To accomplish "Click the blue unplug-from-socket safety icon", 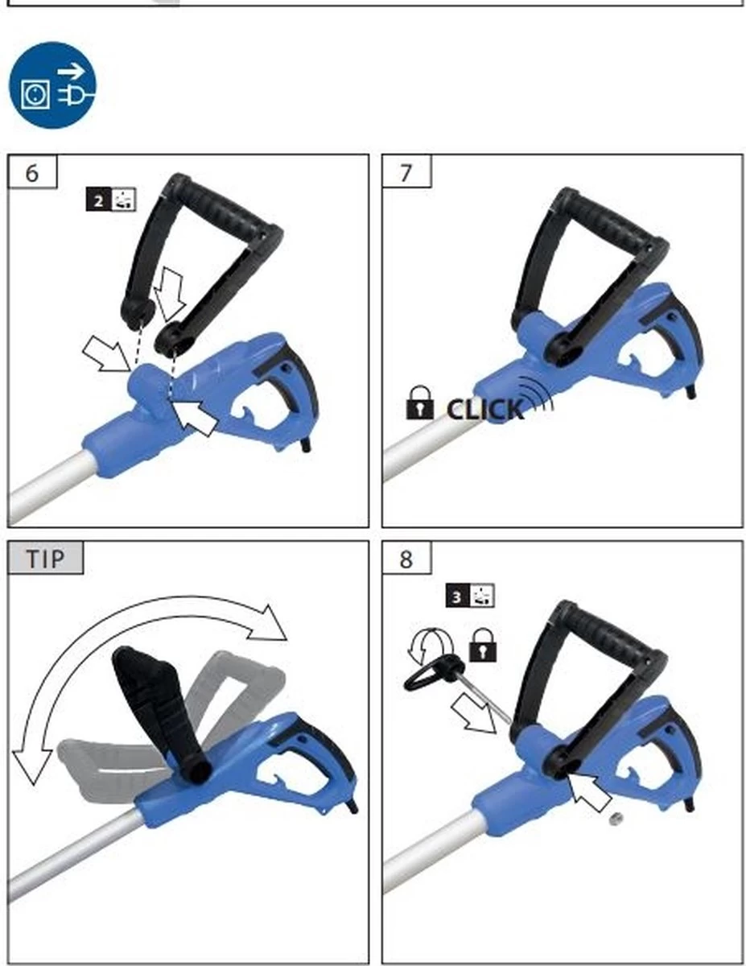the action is point(52,85).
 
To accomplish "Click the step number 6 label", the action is point(32,172).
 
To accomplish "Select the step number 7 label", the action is point(406,172).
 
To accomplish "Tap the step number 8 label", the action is point(406,559).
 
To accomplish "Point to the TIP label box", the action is point(45,558).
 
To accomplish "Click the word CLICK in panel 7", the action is point(484,410).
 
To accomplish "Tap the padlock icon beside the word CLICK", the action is point(420,402).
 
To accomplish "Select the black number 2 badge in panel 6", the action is point(99,200).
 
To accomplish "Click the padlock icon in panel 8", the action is point(483,645).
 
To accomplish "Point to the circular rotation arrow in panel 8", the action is point(430,645).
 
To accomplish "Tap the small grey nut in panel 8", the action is point(616,818).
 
